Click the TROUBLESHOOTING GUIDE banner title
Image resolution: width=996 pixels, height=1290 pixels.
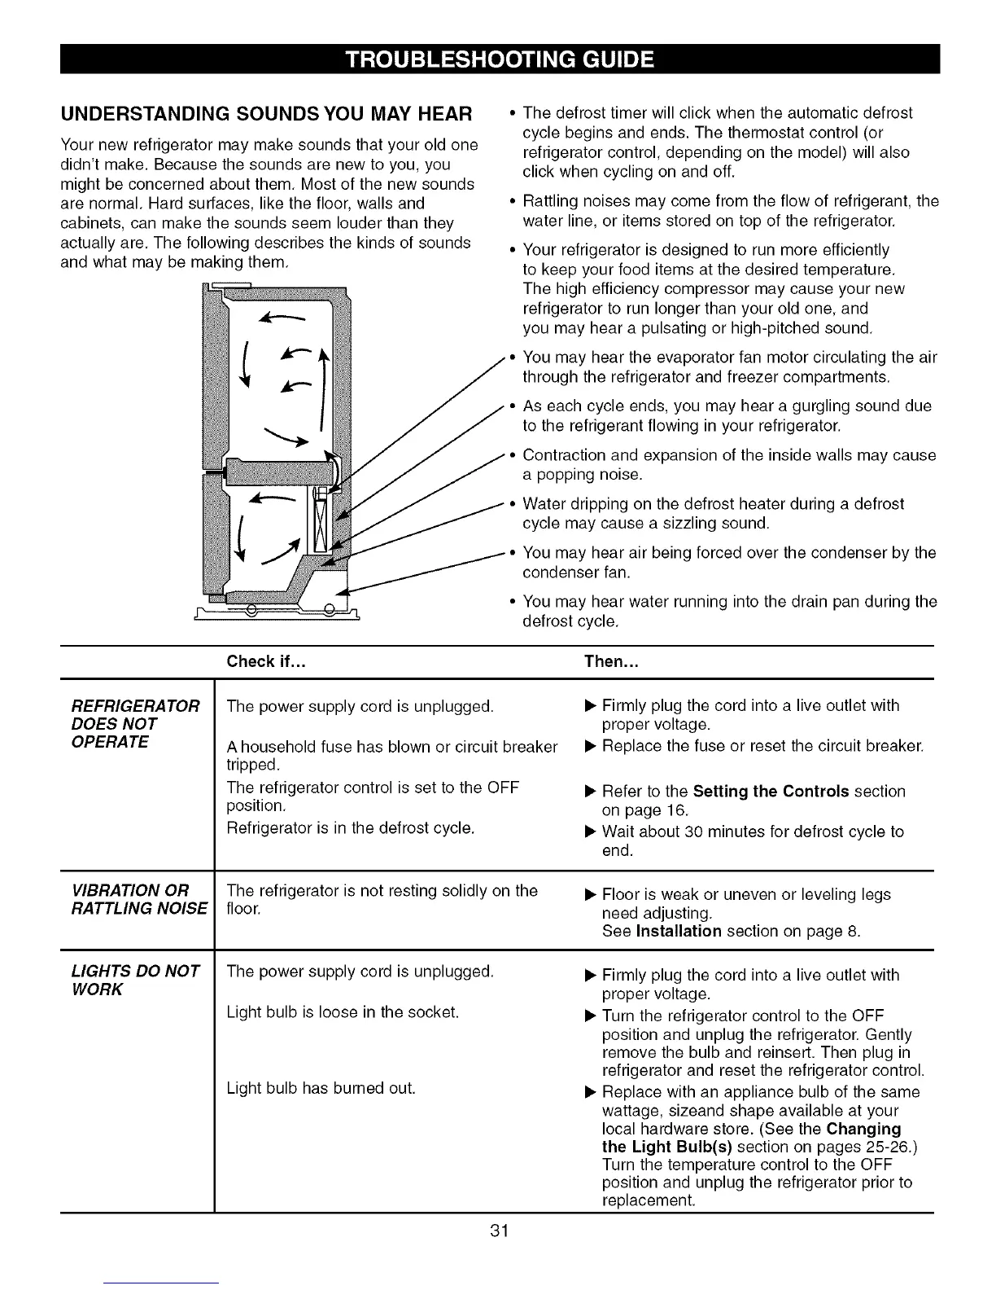click(499, 59)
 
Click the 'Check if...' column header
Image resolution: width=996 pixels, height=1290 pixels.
click(266, 661)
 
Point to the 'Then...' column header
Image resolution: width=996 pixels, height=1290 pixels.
click(611, 661)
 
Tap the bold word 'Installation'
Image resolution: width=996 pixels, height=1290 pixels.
click(679, 931)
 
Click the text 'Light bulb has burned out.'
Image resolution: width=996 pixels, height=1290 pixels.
click(321, 1088)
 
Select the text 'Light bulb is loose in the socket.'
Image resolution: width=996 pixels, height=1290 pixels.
click(343, 1012)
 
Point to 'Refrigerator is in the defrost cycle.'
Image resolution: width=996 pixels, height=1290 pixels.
click(351, 828)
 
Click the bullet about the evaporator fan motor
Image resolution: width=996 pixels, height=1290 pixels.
click(729, 367)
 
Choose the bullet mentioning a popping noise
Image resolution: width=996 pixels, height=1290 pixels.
click(729, 465)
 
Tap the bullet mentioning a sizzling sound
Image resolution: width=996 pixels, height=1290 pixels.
click(713, 514)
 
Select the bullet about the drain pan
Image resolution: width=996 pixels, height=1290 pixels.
click(729, 612)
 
